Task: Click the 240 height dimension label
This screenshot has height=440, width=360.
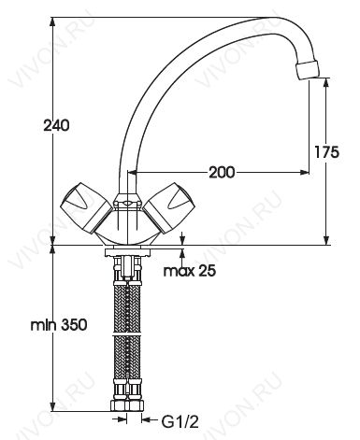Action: tap(56, 126)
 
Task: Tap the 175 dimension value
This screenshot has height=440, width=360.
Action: tap(326, 152)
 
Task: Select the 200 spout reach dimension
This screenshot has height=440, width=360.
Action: tap(222, 172)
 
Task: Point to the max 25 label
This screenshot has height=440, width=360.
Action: tap(190, 271)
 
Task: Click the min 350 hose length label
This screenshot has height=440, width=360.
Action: tap(59, 325)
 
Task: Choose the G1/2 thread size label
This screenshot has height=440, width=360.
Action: tap(180, 422)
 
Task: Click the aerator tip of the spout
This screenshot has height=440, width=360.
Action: tap(308, 70)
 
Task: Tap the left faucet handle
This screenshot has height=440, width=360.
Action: tap(85, 207)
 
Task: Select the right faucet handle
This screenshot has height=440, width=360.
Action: tap(169, 207)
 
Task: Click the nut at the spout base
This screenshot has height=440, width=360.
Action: tap(128, 201)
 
